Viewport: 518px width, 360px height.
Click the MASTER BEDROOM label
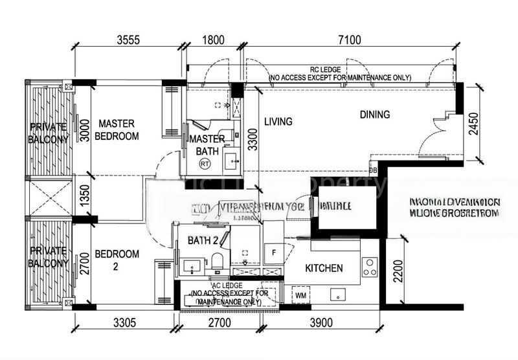coord(117,129)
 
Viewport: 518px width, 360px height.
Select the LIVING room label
coord(278,121)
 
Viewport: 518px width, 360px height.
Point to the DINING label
coord(375,115)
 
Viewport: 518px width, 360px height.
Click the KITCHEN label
coord(324,268)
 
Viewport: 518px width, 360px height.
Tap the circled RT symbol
coord(205,164)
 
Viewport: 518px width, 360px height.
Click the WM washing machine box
coord(300,295)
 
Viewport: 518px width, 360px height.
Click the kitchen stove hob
coord(370,267)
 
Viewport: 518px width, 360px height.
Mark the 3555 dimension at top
coord(128,40)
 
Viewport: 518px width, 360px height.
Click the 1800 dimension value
coord(213,40)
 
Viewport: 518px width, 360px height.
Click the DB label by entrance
coord(372,170)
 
